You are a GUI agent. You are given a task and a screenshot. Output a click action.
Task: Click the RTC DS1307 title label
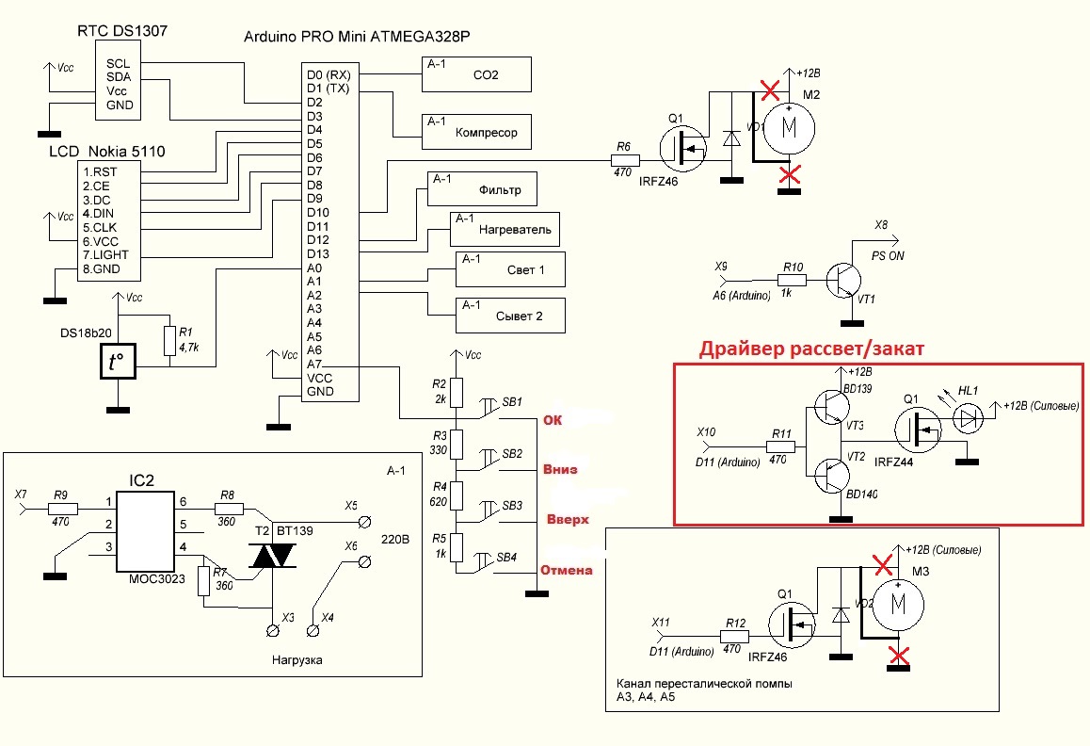tap(121, 31)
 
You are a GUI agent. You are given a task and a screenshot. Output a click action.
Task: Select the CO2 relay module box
tap(476, 73)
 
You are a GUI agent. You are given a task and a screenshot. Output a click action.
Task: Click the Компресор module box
tap(476, 131)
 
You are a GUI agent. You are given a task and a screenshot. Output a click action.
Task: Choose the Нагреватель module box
tap(504, 229)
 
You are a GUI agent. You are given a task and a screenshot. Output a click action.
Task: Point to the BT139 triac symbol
tap(272, 557)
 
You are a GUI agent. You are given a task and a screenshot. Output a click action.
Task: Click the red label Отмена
tap(566, 570)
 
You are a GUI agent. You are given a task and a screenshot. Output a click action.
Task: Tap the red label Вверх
tap(568, 519)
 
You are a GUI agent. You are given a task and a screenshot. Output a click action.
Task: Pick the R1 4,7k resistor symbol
tap(169, 339)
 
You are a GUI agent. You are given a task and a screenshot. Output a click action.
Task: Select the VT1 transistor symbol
tap(842, 280)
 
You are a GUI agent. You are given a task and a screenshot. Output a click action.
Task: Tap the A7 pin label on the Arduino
tap(314, 364)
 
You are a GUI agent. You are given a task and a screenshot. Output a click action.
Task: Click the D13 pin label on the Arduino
tap(318, 253)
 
